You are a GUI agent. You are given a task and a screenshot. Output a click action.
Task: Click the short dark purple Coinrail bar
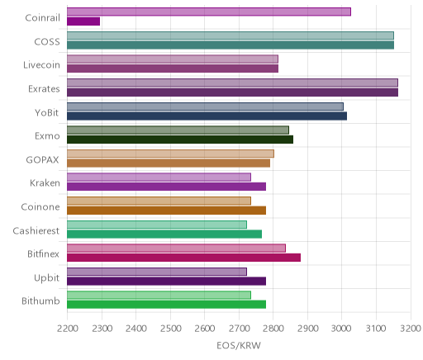click(83, 21)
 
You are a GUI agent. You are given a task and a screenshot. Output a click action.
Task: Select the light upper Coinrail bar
click(209, 12)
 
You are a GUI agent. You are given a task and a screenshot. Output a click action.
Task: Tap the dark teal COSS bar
click(231, 45)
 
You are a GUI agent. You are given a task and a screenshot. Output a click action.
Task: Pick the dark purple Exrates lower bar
click(232, 92)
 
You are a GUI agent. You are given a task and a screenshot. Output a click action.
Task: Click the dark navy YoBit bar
click(207, 116)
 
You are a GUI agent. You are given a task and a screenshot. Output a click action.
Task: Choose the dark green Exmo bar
click(180, 140)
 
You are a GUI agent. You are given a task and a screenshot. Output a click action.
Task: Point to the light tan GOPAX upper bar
click(170, 154)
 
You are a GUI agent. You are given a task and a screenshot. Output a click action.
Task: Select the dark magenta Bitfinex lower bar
click(183, 258)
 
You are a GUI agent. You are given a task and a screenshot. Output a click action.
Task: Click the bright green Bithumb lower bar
click(166, 305)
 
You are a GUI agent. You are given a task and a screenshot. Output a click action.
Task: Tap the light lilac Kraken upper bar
click(159, 177)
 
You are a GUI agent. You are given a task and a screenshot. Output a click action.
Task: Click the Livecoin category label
click(41, 65)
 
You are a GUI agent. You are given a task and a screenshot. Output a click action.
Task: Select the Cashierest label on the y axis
click(36, 230)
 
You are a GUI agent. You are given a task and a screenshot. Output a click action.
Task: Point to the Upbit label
click(46, 278)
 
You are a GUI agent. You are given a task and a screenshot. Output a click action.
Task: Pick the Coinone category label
click(40, 206)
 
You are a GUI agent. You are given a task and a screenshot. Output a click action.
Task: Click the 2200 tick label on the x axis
click(68, 329)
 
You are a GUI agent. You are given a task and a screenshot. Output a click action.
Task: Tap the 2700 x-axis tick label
click(240, 329)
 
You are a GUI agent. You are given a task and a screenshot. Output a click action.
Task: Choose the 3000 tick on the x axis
click(342, 329)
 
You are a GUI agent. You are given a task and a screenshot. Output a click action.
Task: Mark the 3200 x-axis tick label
click(411, 329)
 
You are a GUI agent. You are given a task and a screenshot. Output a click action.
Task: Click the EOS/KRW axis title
click(239, 345)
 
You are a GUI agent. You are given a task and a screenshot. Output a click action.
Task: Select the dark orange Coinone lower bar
click(166, 211)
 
